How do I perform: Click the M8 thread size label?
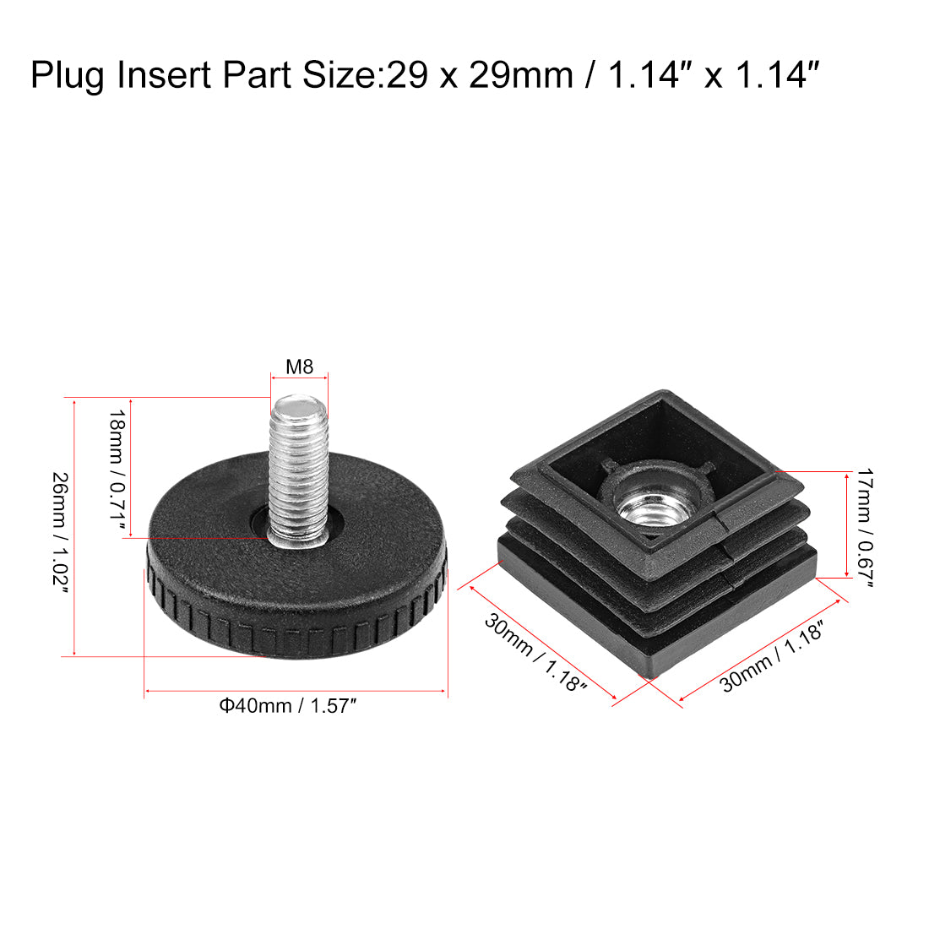(x=299, y=367)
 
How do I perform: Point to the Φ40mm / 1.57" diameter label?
(x=288, y=706)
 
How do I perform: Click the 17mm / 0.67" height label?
(x=866, y=528)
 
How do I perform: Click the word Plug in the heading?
(x=67, y=76)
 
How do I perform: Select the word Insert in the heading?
(x=164, y=75)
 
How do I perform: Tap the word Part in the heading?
(x=256, y=75)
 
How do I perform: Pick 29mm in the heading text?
(x=521, y=75)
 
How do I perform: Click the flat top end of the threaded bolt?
(x=299, y=406)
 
